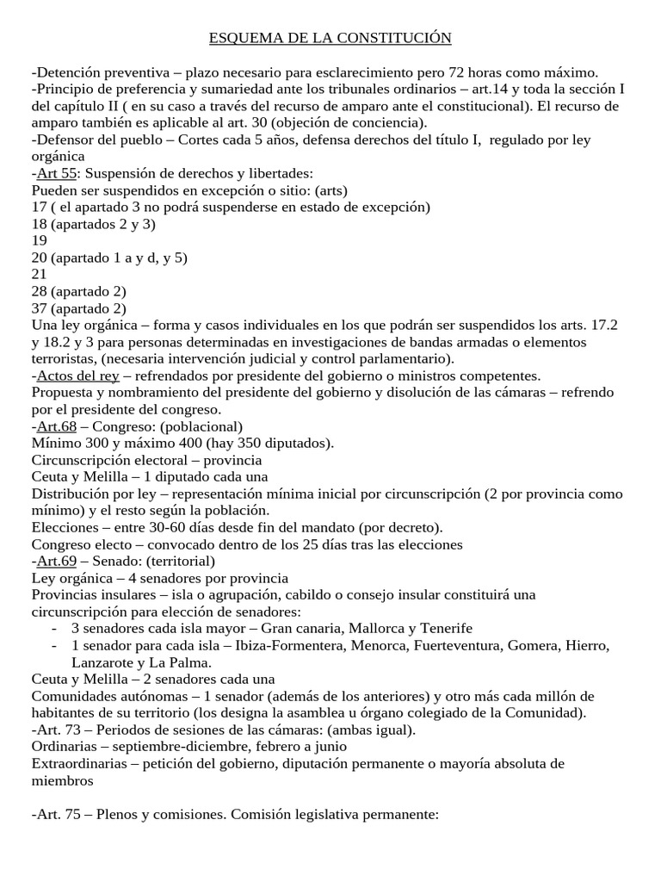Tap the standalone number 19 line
40,240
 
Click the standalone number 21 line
40,274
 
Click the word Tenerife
445,628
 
